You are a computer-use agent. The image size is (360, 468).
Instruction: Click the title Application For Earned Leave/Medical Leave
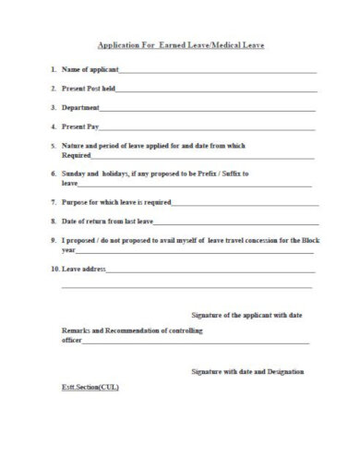click(181, 44)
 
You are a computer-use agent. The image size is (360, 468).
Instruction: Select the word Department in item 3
click(80, 107)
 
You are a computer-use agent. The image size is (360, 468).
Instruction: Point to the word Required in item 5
click(77, 154)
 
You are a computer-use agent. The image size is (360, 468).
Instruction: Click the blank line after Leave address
click(212, 270)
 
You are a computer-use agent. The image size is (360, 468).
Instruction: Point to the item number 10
click(54, 270)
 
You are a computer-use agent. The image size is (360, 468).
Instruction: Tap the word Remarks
click(76, 330)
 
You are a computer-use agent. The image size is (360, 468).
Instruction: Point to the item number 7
click(54, 201)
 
